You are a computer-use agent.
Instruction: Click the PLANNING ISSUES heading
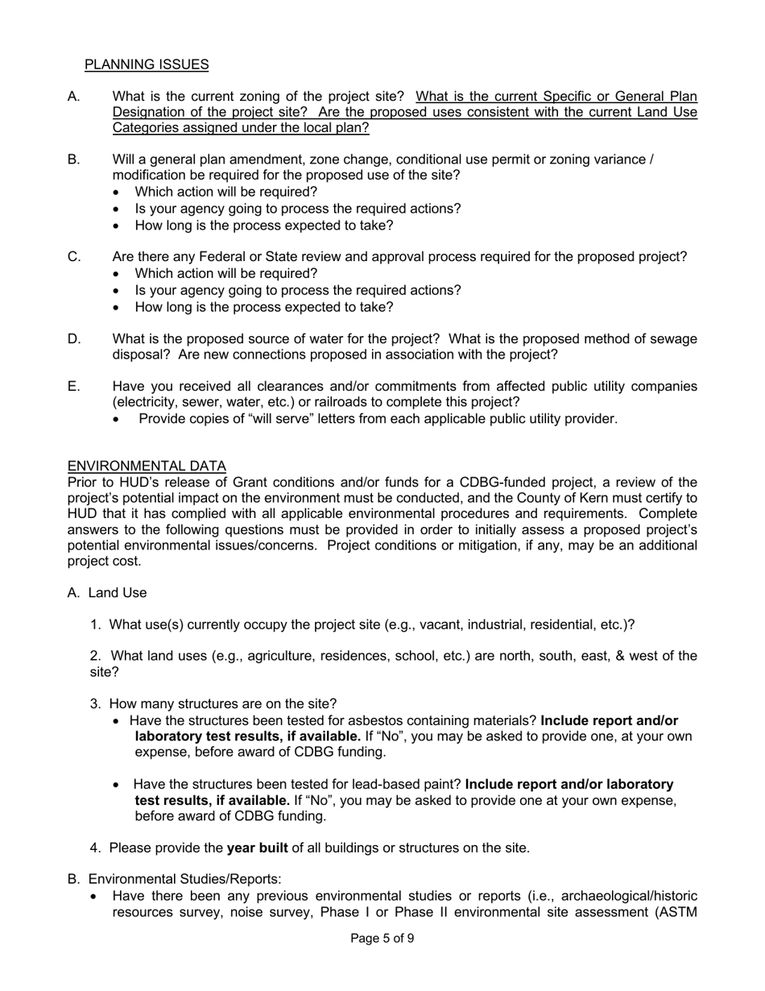click(147, 64)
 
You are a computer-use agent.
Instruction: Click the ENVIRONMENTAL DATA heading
click(147, 466)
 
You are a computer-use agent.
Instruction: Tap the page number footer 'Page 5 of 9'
click(382, 938)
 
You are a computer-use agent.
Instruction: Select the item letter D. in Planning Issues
click(75, 339)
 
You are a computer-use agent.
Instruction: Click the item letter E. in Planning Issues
click(74, 387)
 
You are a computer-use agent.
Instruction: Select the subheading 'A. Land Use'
click(107, 593)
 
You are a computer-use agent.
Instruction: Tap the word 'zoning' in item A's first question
click(258, 97)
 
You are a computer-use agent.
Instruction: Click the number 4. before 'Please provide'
click(96, 848)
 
